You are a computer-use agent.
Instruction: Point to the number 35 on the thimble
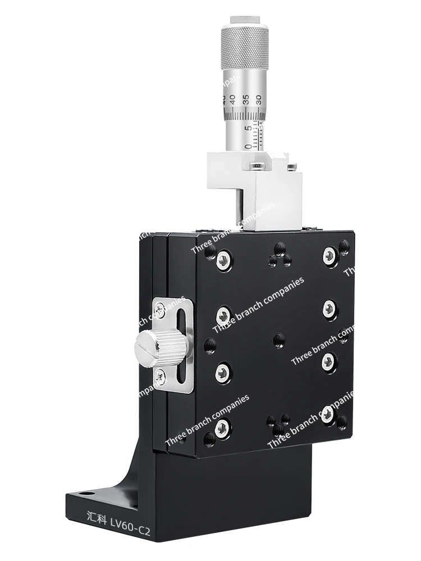click(245, 101)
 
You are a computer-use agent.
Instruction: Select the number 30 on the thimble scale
click(259, 99)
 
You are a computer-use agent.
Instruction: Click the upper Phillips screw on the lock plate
click(161, 307)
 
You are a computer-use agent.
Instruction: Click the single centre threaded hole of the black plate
click(278, 339)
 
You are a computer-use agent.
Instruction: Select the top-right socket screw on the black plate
click(330, 256)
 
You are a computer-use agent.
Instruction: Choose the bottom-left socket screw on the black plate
click(222, 428)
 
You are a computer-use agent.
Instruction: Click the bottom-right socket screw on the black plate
click(328, 415)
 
